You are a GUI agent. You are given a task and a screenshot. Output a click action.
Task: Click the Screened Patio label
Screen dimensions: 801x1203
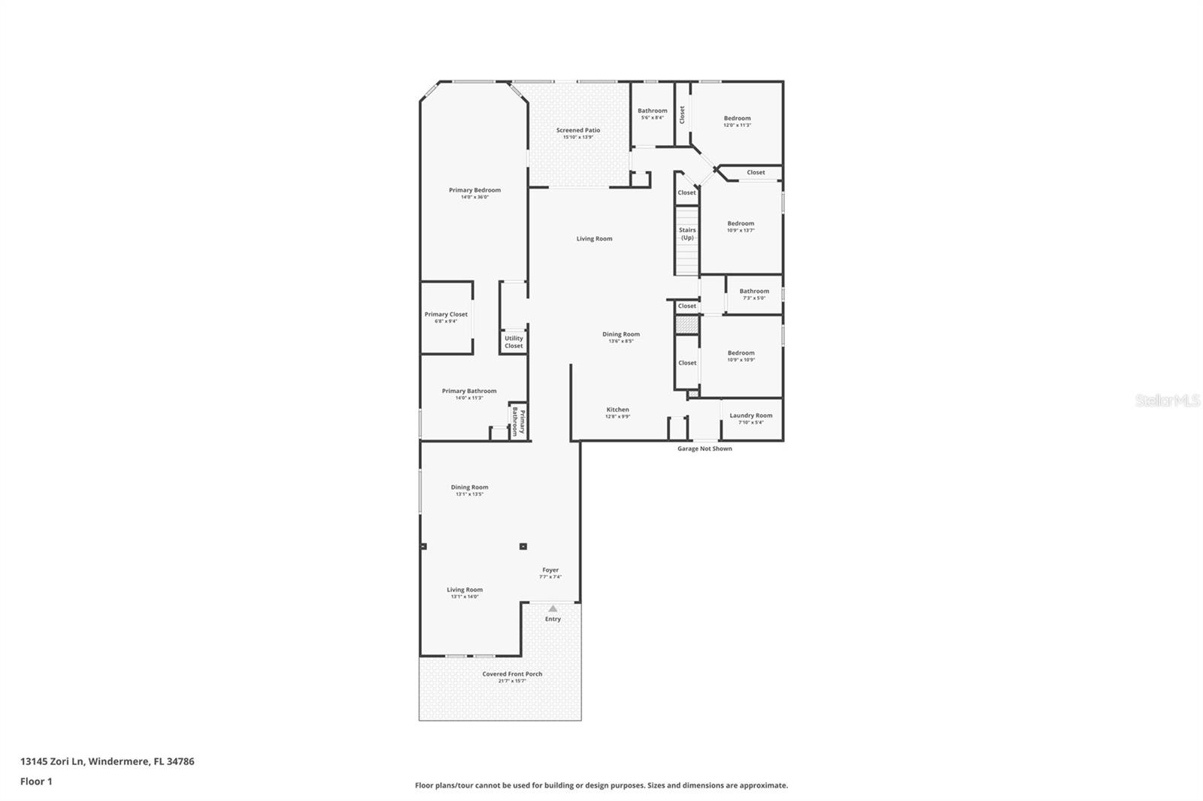pos(578,131)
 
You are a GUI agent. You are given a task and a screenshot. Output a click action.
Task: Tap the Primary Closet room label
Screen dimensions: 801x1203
pos(446,315)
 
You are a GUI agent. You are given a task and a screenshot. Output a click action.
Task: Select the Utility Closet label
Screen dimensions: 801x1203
pos(514,342)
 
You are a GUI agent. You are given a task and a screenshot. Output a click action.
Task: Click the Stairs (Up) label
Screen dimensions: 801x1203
pos(687,234)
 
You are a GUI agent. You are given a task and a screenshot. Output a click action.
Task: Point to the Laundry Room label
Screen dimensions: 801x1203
pos(750,416)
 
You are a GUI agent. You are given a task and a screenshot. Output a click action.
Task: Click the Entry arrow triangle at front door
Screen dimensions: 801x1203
pos(553,609)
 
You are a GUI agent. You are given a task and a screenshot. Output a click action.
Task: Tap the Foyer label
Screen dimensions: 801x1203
pos(550,570)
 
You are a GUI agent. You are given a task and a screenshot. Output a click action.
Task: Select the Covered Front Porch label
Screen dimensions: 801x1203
pos(512,674)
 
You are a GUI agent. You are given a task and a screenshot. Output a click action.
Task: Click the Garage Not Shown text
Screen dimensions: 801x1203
pos(705,449)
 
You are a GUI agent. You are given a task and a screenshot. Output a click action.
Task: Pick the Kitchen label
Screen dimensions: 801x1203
pos(617,410)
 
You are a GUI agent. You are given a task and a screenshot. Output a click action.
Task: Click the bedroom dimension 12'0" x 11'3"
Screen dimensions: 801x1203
pos(737,125)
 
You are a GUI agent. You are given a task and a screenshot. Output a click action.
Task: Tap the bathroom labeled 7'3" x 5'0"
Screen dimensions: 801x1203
pos(753,294)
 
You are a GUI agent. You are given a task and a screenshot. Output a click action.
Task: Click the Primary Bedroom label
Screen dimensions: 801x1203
pos(474,190)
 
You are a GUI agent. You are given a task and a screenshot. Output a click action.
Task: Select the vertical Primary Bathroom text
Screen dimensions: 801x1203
pos(519,422)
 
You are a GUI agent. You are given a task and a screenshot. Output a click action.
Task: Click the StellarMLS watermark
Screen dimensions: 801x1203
pos(1167,401)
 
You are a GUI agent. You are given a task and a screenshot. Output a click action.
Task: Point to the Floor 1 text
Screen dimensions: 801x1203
pos(36,781)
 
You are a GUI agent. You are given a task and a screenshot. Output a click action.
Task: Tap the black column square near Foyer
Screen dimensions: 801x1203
pos(523,546)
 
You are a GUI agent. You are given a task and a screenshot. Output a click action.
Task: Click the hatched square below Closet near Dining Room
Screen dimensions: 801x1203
pos(686,325)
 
